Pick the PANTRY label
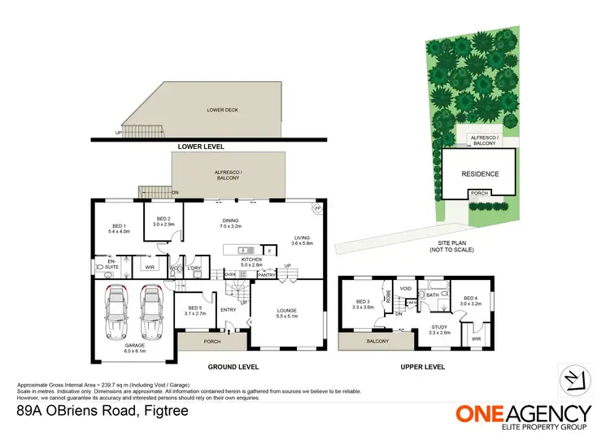click(x=267, y=276)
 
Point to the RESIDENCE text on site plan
click(x=480, y=173)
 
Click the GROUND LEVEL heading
click(x=233, y=367)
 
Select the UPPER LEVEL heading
click(x=422, y=367)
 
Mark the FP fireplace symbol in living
click(x=317, y=208)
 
